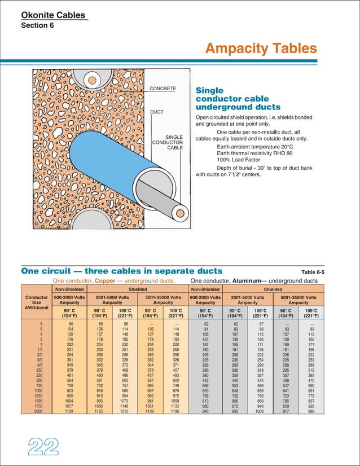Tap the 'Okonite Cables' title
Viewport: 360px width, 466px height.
click(x=54, y=15)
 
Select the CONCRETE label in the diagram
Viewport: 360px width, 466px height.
click(x=163, y=89)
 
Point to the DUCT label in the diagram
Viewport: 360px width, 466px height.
click(x=156, y=112)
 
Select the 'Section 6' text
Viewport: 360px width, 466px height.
click(x=37, y=26)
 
